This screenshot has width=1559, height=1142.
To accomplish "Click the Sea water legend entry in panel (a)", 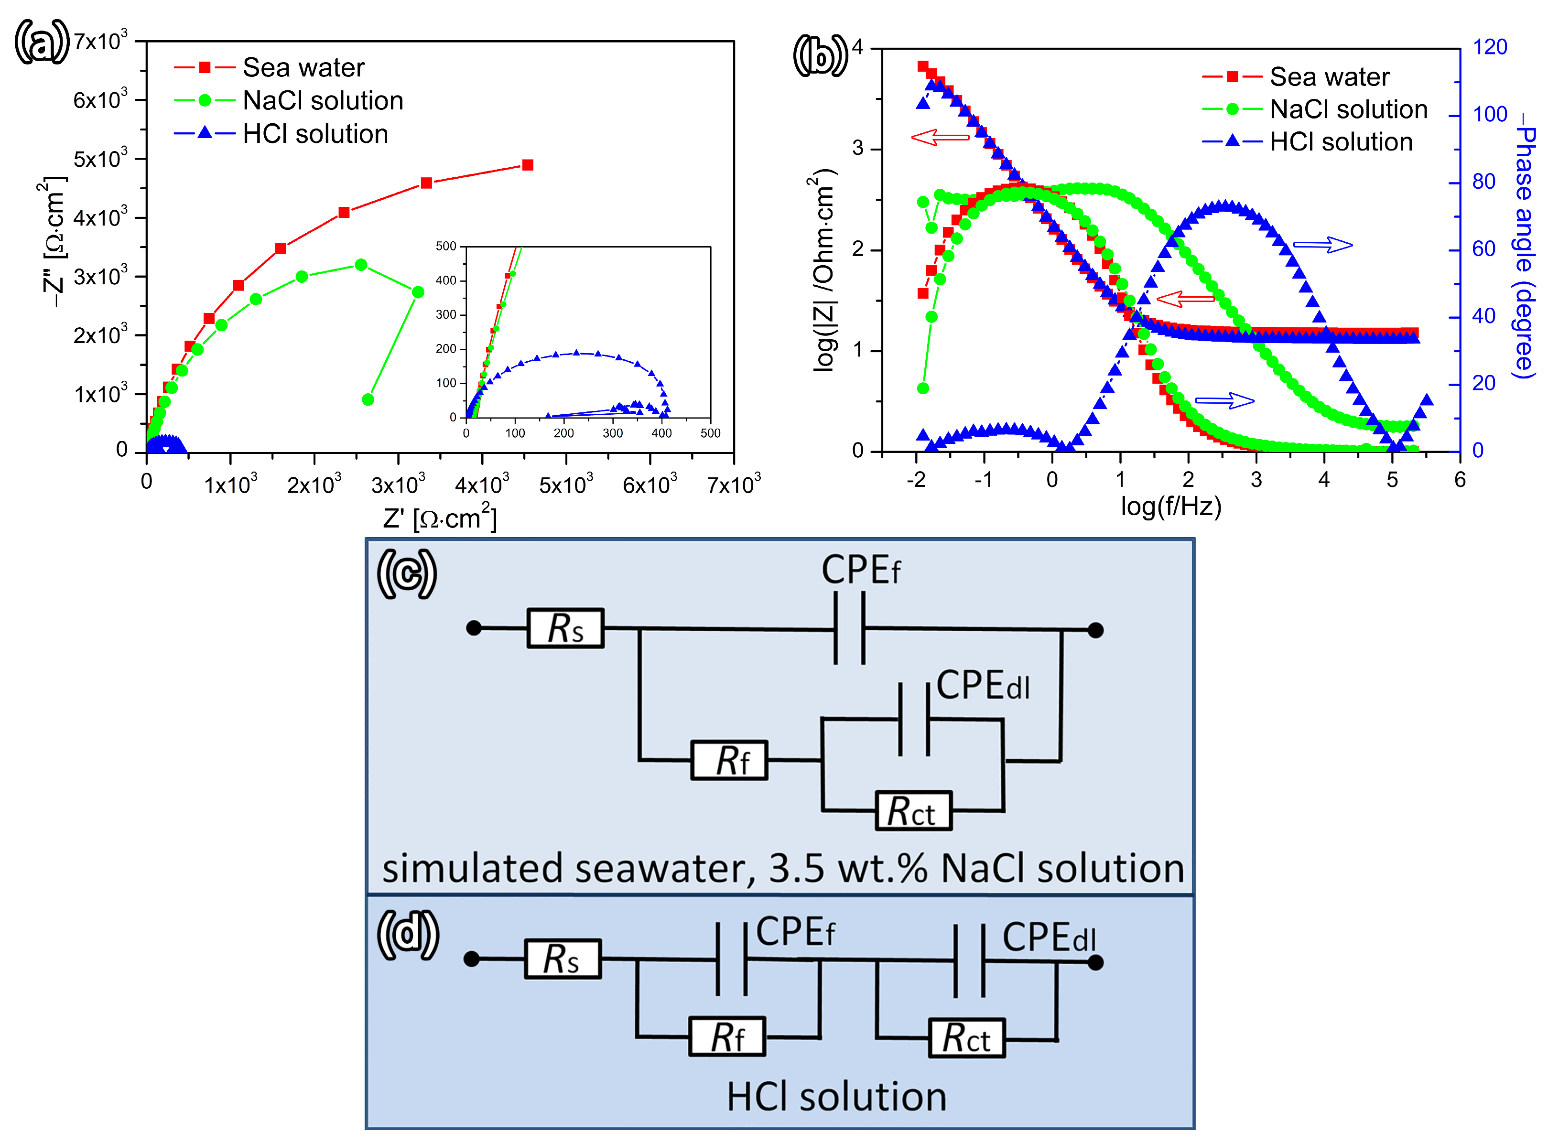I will pos(303,68).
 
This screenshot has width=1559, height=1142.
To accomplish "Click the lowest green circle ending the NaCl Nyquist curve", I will pos(368,399).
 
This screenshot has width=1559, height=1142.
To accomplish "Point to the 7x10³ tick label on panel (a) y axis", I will pos(101,42).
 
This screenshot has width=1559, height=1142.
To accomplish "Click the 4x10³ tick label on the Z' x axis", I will pos(482,484).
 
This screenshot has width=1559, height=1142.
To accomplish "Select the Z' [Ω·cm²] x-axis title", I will pos(440,518).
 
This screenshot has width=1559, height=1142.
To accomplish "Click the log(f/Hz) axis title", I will pos(1171,506).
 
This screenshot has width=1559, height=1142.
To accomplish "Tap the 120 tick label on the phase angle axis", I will pos(1490,47).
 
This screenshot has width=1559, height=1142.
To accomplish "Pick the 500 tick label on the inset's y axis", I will pos(446,247).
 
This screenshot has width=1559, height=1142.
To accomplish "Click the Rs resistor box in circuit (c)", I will pos(565,628).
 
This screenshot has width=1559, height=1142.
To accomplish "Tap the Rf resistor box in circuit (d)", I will pos(727,1036).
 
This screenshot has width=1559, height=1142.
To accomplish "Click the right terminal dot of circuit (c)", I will pos(1095,630).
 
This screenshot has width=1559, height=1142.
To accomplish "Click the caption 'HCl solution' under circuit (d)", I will pos(836,1097).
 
